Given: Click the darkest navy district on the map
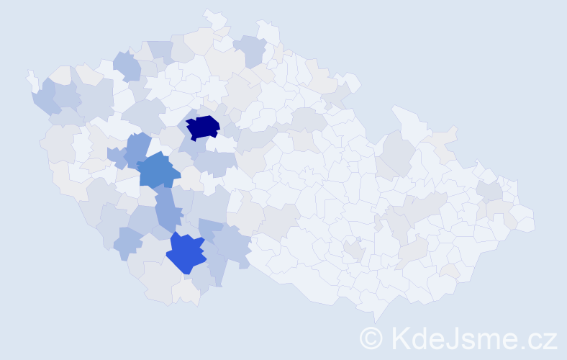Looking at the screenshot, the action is tap(203, 127).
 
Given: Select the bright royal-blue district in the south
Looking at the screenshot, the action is tap(185, 253).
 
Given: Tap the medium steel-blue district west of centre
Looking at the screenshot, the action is tap(158, 171).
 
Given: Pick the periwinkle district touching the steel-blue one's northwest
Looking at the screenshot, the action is tap(137, 148).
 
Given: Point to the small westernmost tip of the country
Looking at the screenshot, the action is tap(31, 77).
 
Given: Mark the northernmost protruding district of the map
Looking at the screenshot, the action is tap(214, 17).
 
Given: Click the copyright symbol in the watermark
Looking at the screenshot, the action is tap(372, 338).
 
